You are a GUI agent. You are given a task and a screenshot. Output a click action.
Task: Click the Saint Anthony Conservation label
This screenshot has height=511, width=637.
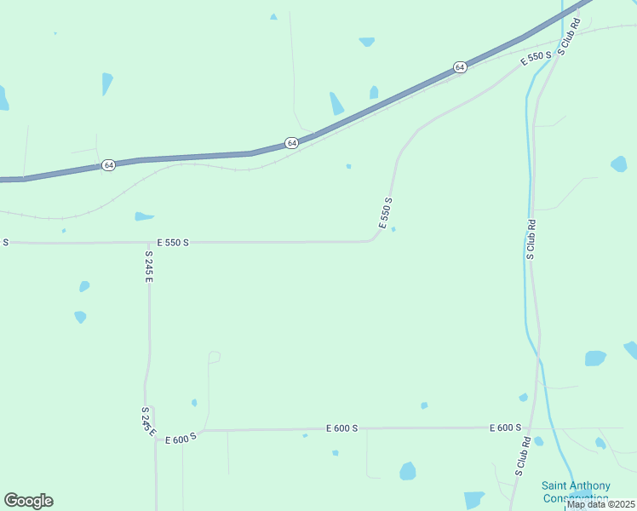coord(575,491)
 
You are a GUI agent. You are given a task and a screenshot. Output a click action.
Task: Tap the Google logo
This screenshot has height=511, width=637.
coord(28,501)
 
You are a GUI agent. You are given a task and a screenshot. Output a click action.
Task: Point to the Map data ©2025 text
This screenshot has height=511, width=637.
coord(600,504)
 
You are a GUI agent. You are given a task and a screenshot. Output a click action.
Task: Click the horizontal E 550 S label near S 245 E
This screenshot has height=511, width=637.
coord(173,243)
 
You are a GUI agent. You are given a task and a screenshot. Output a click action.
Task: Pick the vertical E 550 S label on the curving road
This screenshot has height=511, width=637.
coord(386,214)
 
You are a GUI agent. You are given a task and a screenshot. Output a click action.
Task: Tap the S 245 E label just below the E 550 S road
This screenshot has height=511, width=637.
coord(148,267)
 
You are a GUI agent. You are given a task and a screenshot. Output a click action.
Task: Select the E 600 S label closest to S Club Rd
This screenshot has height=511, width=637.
coord(505,428)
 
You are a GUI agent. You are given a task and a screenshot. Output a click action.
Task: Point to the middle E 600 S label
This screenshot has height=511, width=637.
coord(341,428)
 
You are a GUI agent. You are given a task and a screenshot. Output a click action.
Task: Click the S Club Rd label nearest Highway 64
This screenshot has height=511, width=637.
coord(569,37)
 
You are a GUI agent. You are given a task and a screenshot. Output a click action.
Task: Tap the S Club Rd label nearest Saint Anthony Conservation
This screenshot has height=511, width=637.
coord(522,456)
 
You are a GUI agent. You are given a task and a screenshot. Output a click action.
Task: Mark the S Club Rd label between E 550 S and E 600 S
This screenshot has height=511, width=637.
coord(530,239)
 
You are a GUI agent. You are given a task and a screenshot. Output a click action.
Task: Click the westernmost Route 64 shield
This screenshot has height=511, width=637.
coord(108,164)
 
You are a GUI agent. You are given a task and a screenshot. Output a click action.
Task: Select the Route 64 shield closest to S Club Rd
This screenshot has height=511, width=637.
coord(460,66)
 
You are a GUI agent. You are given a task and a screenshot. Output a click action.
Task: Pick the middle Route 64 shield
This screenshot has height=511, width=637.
coord(292,143)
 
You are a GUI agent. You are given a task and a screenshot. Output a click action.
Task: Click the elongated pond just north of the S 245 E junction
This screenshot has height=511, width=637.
coord(144,216)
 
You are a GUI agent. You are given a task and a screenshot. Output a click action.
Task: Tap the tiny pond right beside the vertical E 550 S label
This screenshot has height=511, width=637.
coord(393,229)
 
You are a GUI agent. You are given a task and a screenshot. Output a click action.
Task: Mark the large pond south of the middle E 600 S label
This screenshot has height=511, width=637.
coord(408,471)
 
